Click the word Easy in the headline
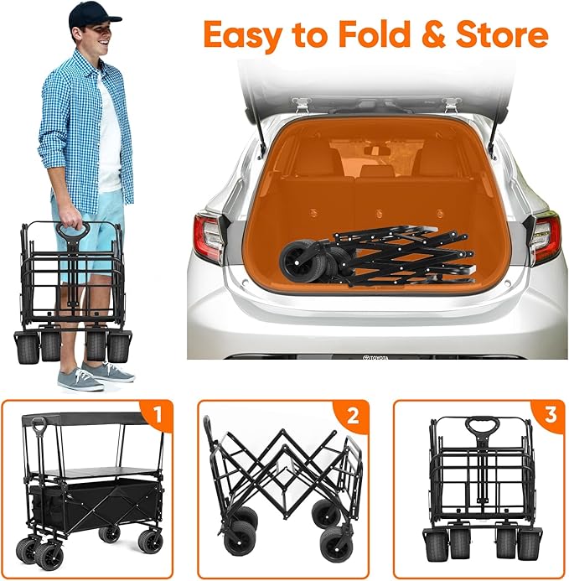(x=243, y=35)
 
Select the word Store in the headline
(x=502, y=34)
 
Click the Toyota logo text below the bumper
(x=376, y=357)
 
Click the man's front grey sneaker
(x=80, y=379)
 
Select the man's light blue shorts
(x=89, y=237)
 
